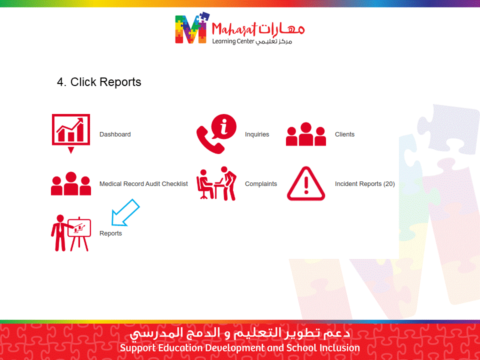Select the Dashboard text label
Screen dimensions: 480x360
click(115, 134)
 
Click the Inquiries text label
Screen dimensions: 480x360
click(257, 134)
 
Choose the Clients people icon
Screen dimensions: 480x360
click(306, 134)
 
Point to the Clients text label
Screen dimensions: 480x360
click(344, 134)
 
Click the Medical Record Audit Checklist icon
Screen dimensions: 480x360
click(71, 183)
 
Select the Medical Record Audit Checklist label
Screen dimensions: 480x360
click(143, 183)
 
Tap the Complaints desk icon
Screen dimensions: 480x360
click(216, 183)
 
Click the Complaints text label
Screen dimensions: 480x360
click(261, 184)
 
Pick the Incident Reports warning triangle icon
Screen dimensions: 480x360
click(306, 183)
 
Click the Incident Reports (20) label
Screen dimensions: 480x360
click(364, 183)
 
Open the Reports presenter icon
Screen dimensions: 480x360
click(71, 233)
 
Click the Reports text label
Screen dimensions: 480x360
click(110, 233)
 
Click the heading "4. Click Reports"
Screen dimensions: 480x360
click(99, 82)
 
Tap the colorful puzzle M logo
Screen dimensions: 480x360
click(192, 28)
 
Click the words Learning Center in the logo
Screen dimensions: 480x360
click(233, 41)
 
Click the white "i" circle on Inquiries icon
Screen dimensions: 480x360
click(224, 126)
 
